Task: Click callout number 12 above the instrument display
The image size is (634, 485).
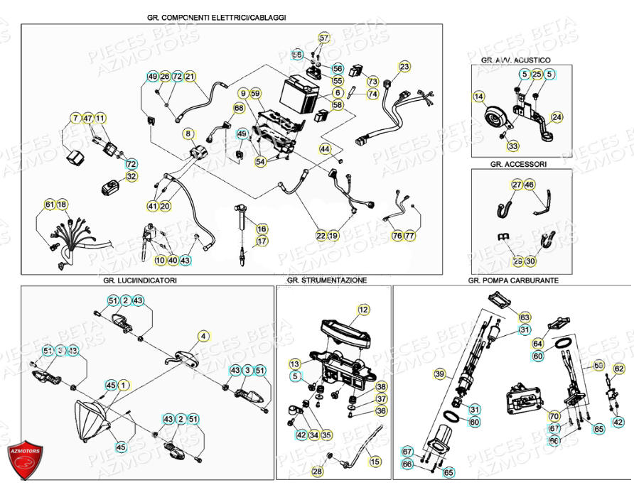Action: [x=363, y=310]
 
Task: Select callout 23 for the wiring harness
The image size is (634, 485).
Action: [x=404, y=67]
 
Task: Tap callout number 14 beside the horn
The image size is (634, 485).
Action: [x=478, y=96]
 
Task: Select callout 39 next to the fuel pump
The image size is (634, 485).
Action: [x=439, y=374]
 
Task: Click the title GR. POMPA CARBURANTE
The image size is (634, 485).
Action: [x=513, y=280]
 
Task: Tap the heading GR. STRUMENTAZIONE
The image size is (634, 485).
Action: [x=327, y=280]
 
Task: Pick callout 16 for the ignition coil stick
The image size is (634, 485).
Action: [x=262, y=229]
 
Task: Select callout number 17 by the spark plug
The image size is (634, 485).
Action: [x=262, y=241]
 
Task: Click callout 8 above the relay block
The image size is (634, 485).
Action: [x=188, y=133]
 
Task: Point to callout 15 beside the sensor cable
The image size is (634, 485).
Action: [x=375, y=462]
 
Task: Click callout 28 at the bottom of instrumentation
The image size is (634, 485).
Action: [x=317, y=471]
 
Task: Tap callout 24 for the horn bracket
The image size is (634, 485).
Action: [x=557, y=117]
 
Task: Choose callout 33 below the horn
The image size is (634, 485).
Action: [x=512, y=146]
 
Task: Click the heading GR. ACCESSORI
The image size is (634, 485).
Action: [x=518, y=164]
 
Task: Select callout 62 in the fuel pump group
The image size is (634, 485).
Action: [x=618, y=369]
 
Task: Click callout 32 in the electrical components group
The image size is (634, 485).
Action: [x=131, y=176]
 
